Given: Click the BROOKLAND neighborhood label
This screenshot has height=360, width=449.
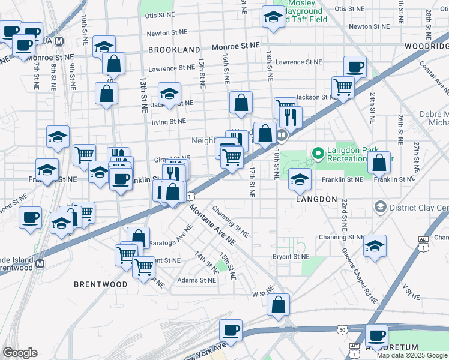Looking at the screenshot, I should (173, 50).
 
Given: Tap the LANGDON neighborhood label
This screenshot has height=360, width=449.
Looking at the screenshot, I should (316, 199).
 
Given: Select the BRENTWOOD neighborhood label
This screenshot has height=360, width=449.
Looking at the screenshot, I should (100, 283).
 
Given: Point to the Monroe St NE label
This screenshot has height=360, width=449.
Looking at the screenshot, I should (237, 46).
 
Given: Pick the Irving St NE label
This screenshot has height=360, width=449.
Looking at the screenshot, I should (169, 121).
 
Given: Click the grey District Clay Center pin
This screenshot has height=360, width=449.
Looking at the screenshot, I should (379, 208).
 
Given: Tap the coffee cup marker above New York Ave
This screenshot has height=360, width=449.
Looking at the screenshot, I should (230, 330).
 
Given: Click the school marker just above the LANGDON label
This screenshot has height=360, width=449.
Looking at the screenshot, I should (300, 178).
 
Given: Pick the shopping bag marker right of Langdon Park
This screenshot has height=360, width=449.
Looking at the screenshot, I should (379, 162).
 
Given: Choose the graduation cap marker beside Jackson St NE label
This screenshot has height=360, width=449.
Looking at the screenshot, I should (170, 94).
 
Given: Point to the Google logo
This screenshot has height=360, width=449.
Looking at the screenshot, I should (20, 353).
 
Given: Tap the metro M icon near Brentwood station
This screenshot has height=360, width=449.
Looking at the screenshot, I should (40, 263).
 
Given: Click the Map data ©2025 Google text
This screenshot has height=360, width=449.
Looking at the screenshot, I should (412, 355).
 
